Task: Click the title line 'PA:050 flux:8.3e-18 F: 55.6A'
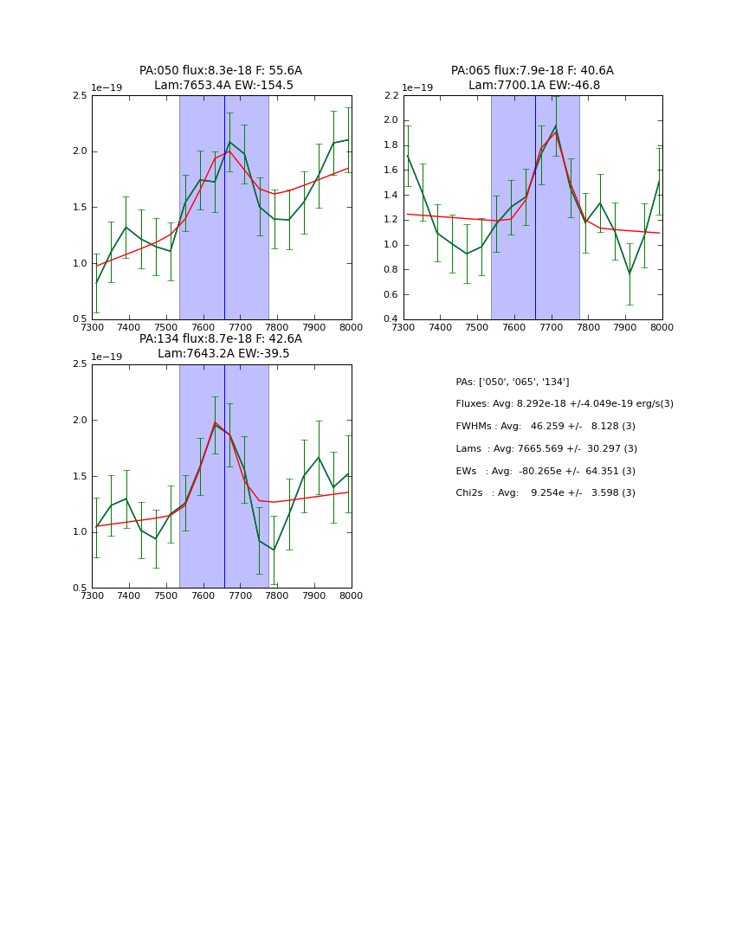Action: click(221, 71)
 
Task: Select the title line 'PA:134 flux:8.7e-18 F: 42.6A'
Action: click(221, 339)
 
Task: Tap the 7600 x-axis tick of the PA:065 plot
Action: click(514, 328)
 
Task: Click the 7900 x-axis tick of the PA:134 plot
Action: click(314, 596)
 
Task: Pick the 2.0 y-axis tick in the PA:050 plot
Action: click(79, 151)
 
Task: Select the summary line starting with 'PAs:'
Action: click(513, 382)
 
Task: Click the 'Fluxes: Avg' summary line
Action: click(565, 404)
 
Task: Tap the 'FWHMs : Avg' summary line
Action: click(546, 427)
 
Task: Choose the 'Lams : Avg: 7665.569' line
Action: click(546, 448)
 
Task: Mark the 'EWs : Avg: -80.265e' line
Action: click(546, 471)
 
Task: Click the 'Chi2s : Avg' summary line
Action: click(546, 493)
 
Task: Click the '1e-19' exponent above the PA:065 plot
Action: click(417, 88)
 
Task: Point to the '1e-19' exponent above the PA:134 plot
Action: click(107, 357)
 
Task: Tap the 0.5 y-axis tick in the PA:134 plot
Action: click(79, 589)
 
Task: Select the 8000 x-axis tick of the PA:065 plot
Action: click(662, 328)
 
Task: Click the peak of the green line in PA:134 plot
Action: click(215, 422)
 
